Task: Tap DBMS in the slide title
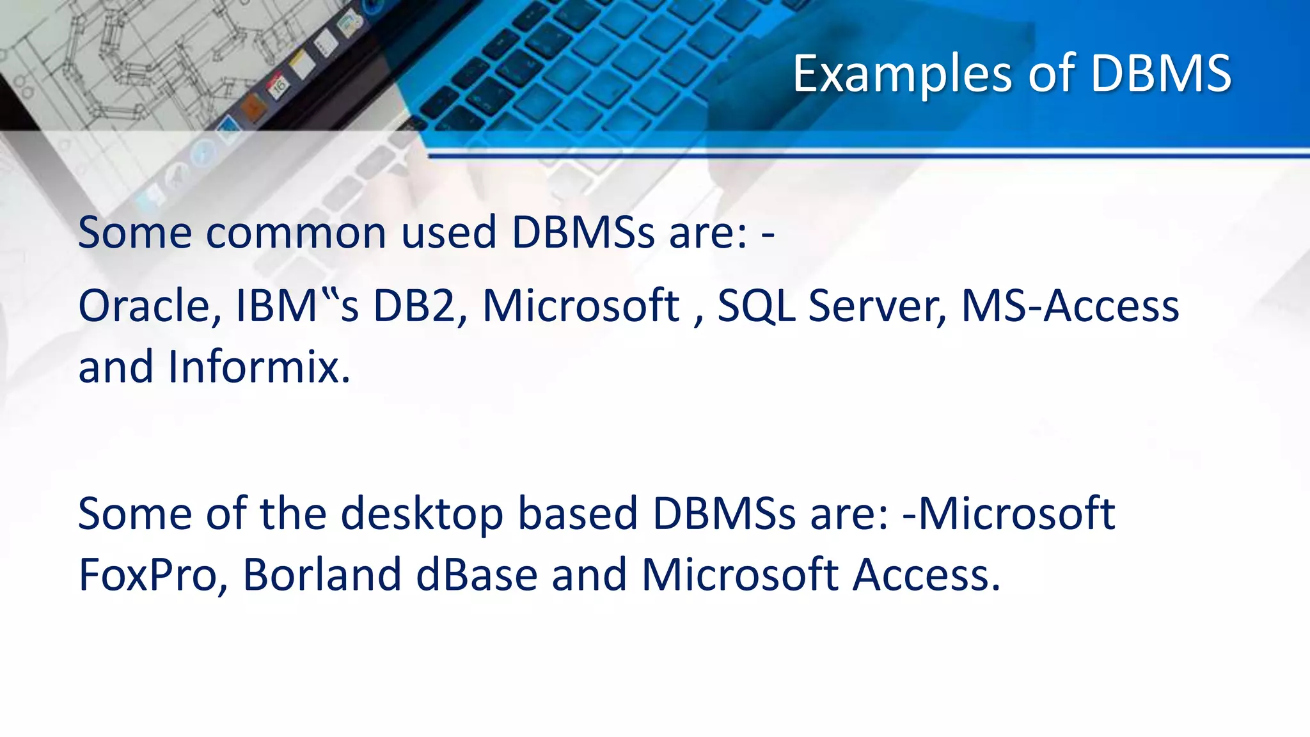pos(1160,74)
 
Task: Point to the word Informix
pos(258,367)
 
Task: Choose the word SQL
pos(756,306)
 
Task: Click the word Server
pos(877,306)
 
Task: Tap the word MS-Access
pos(1070,306)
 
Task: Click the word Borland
pos(322,575)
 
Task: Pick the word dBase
pos(477,575)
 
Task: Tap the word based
pos(577,514)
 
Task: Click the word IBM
pos(277,306)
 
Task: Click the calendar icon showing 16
pos(279,86)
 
